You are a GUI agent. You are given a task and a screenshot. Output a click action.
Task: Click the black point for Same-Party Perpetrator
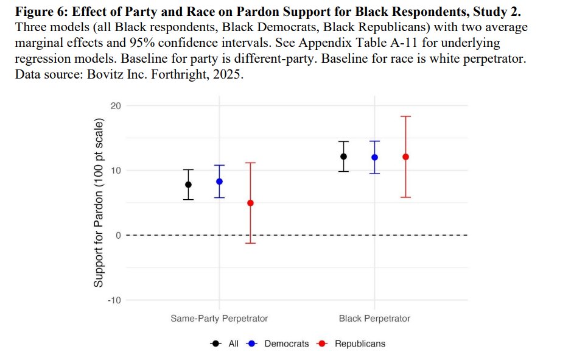coord(188,185)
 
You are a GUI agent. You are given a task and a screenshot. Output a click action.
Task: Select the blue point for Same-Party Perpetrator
coord(219,182)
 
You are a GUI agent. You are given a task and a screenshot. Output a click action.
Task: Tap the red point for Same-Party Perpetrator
coord(251,203)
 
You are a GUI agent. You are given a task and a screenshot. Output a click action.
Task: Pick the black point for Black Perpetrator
coord(343,157)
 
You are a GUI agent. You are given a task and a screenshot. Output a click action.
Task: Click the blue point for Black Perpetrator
coord(374,157)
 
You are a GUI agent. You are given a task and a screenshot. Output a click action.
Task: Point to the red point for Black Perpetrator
coord(405,157)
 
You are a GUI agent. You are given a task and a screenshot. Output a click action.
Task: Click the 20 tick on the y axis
coord(116,105)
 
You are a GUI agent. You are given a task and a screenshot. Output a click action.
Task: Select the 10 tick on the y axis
coord(116,171)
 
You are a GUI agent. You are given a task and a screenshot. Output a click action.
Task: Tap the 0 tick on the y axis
coord(118,235)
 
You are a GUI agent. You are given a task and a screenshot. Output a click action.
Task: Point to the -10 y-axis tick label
coord(114,300)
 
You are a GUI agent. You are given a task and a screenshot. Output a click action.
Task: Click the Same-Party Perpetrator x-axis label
coord(219,319)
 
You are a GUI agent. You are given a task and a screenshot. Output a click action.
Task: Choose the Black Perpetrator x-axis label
coord(374,319)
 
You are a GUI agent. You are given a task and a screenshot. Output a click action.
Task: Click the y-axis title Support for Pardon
coord(99,203)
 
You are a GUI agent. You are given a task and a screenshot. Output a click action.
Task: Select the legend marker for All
coord(216,344)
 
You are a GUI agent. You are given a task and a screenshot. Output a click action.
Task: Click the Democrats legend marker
coord(251,344)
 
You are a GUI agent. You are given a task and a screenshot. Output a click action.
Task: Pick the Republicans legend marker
coord(322,344)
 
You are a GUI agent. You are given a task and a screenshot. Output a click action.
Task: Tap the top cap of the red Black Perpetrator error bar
coord(405,116)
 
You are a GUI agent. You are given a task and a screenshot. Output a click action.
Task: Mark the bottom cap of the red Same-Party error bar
coord(251,243)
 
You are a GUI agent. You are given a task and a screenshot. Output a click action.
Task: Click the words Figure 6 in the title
coord(41,12)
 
